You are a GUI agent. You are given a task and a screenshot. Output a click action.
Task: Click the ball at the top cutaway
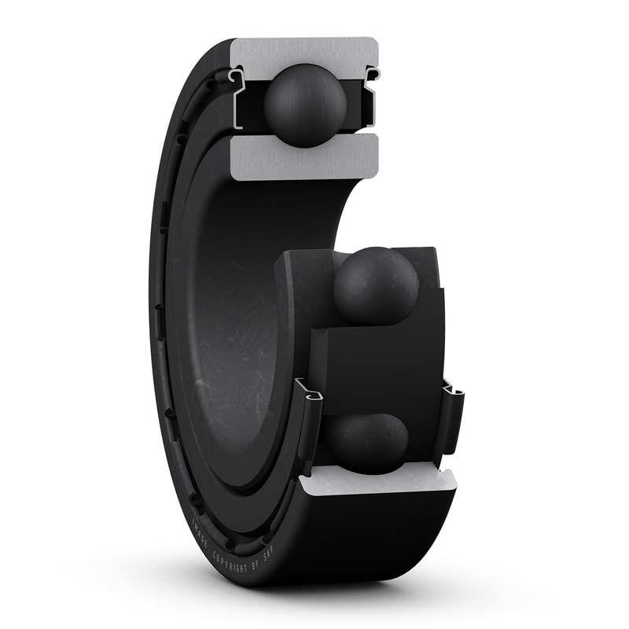[x=305, y=105]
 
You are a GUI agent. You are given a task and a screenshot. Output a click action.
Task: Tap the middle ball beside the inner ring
[x=376, y=285]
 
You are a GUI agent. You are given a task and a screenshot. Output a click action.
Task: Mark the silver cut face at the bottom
[x=377, y=480]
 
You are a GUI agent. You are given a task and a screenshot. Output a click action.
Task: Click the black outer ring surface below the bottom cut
[x=377, y=535]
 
